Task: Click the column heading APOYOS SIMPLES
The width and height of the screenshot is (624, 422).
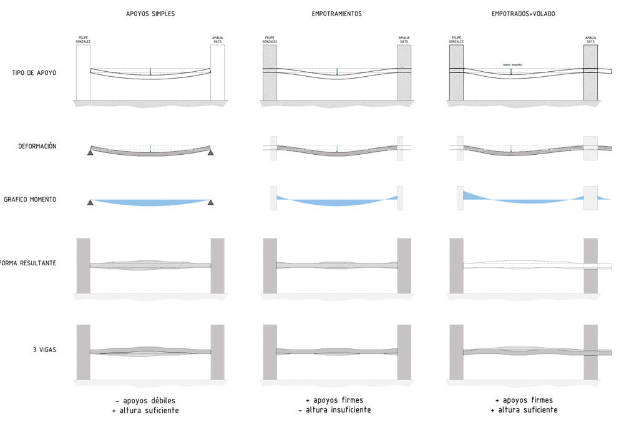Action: pos(150,14)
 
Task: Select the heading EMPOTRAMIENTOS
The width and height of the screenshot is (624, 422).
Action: pos(337,14)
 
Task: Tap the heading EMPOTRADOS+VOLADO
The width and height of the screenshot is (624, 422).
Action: pos(523,14)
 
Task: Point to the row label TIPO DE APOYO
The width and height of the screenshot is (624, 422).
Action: pos(34,73)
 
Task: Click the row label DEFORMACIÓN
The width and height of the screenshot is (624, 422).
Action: pos(37,147)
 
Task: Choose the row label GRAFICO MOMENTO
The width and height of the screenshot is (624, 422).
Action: pos(30,200)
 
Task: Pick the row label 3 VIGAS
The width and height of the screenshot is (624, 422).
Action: pos(44,350)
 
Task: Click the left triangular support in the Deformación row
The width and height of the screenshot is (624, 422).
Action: pos(90,152)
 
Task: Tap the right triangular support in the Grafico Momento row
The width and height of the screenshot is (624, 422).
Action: pos(211,202)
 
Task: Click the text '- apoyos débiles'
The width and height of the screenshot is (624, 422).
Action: pos(145,400)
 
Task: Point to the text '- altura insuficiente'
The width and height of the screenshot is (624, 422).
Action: pos(334,410)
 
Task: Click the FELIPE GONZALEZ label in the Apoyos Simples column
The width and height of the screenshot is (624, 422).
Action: pos(83,39)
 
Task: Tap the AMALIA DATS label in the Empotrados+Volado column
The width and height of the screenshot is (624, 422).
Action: pos(590,39)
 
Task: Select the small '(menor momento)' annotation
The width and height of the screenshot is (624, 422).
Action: pos(512,64)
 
